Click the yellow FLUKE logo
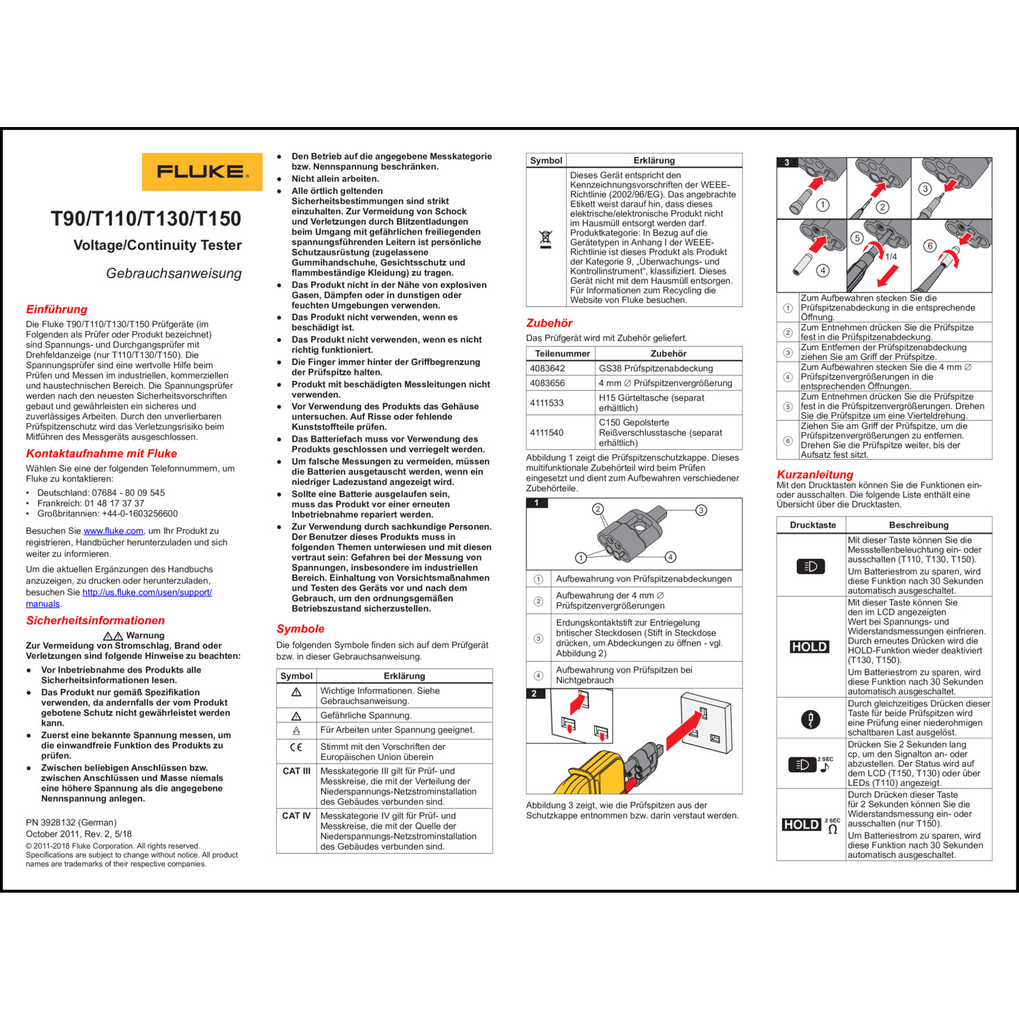click(202, 171)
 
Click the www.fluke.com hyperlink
click(113, 531)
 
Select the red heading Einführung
click(56, 309)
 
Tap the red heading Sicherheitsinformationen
click(95, 620)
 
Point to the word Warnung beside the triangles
click(145, 635)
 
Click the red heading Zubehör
click(549, 323)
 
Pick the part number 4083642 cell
click(548, 368)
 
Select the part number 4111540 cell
click(548, 432)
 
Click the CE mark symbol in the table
click(296, 747)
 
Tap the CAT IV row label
click(296, 816)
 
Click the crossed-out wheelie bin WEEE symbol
click(546, 238)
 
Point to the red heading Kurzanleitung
click(815, 474)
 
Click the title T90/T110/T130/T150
click(146, 219)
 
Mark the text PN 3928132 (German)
click(71, 822)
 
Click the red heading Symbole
click(300, 628)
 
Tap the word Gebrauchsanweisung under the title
click(174, 273)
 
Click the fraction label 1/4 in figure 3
click(891, 257)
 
